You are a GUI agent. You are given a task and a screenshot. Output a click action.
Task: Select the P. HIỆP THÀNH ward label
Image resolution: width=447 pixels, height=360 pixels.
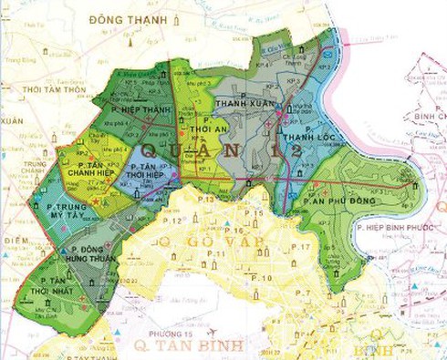[x=145, y=108]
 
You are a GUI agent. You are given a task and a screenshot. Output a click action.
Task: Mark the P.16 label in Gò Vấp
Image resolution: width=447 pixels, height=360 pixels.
[x=234, y=231]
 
